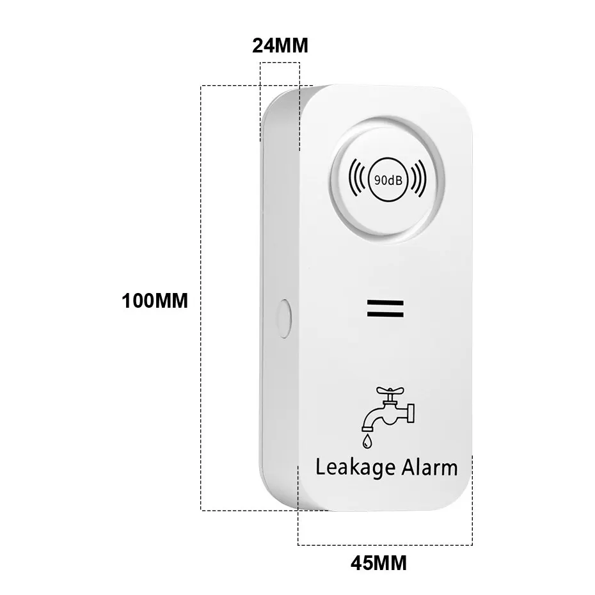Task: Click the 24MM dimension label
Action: coord(280,45)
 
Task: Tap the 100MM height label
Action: coord(155,301)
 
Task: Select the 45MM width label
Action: coord(378,564)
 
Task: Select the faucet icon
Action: coord(385,413)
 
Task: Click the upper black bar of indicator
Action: coord(387,301)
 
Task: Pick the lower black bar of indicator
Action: coord(387,313)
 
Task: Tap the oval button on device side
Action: coord(284,317)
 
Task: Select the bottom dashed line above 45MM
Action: coord(385,544)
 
